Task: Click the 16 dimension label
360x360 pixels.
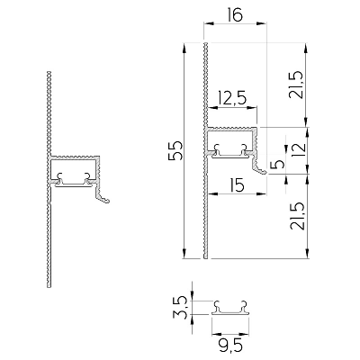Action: point(235,15)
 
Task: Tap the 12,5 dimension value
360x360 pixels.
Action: point(232,99)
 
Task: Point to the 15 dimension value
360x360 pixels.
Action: point(237,185)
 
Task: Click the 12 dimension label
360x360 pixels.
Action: point(299,147)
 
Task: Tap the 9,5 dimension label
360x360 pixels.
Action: point(230,346)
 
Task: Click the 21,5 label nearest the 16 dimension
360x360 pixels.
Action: point(294,85)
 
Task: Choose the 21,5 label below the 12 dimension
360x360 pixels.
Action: point(297,216)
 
